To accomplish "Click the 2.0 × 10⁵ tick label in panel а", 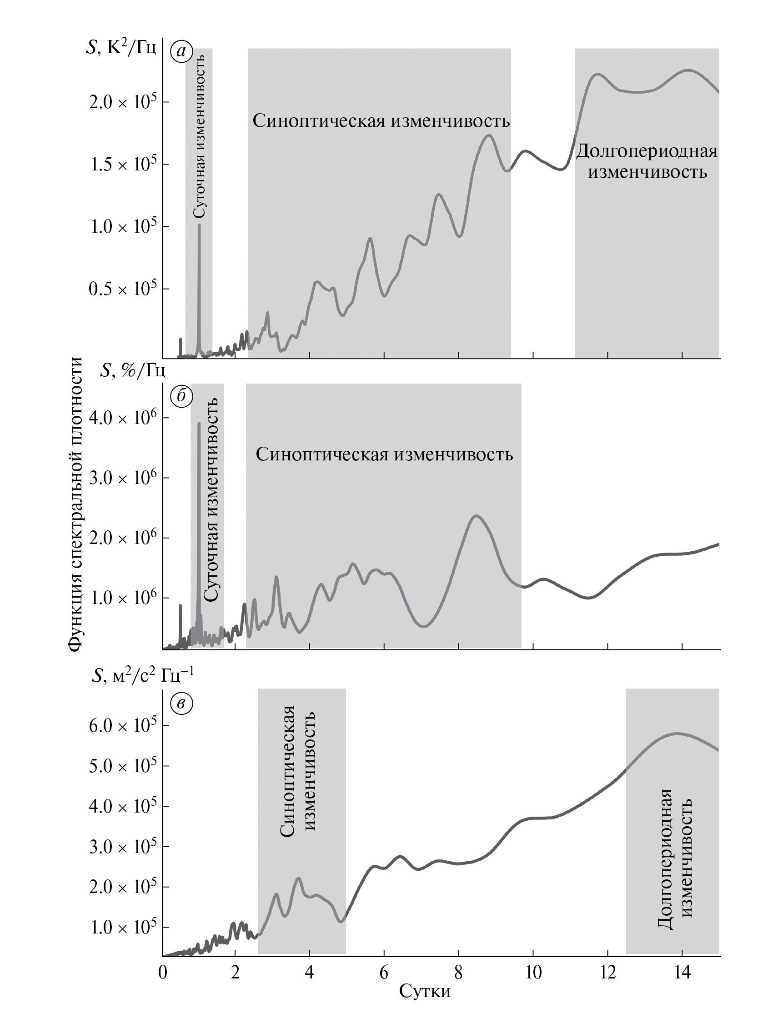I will point(122,102).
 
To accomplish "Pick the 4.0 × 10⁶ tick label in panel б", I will point(122,418).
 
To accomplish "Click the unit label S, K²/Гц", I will point(121,49).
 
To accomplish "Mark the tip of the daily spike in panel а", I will point(199,225).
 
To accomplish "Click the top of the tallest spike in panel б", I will point(199,424).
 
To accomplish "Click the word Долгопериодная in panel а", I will point(647,151).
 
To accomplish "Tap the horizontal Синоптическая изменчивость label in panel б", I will point(384,454).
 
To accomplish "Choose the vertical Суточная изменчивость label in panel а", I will point(199,135).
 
